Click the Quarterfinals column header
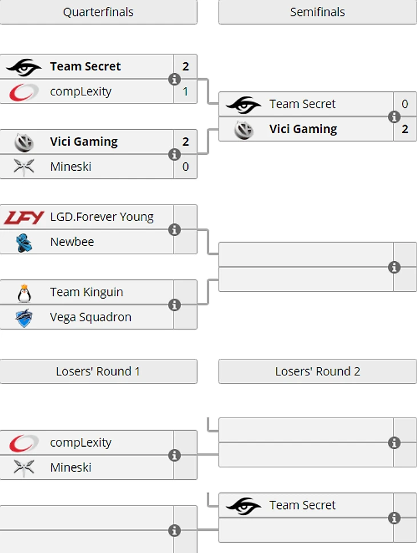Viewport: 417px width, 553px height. tap(98, 12)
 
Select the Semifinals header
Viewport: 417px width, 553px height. tap(318, 12)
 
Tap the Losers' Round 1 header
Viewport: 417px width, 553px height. tap(98, 371)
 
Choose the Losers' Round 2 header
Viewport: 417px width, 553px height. tap(318, 371)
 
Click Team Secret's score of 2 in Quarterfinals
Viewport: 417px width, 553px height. tap(186, 66)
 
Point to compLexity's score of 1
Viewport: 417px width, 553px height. tap(186, 91)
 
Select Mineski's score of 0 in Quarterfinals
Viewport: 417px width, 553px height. tap(186, 167)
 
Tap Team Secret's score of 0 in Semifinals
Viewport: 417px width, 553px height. tap(405, 104)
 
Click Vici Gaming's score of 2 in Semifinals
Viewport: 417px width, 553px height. tap(405, 129)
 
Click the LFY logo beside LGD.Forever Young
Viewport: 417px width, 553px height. tap(24, 217)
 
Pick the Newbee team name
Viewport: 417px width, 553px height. tap(72, 242)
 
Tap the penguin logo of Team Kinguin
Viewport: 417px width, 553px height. tap(24, 292)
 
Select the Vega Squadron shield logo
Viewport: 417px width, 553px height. tap(24, 318)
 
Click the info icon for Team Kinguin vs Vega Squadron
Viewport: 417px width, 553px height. tap(175, 305)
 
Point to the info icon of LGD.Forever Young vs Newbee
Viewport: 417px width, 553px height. tap(175, 230)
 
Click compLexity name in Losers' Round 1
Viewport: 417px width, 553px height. tap(81, 443)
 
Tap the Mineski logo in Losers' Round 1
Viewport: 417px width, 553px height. tap(24, 467)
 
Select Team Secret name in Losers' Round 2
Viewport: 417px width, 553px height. tap(302, 505)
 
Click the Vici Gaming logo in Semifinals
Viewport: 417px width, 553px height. tap(244, 130)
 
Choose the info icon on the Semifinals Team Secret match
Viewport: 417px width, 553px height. tap(394, 117)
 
